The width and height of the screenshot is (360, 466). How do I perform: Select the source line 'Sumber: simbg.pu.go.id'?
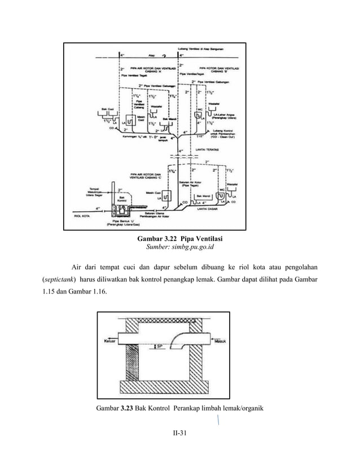coord(180,247)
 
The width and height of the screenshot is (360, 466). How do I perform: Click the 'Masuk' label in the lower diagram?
coord(219,341)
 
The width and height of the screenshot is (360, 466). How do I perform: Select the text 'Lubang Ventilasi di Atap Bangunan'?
coord(201,49)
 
